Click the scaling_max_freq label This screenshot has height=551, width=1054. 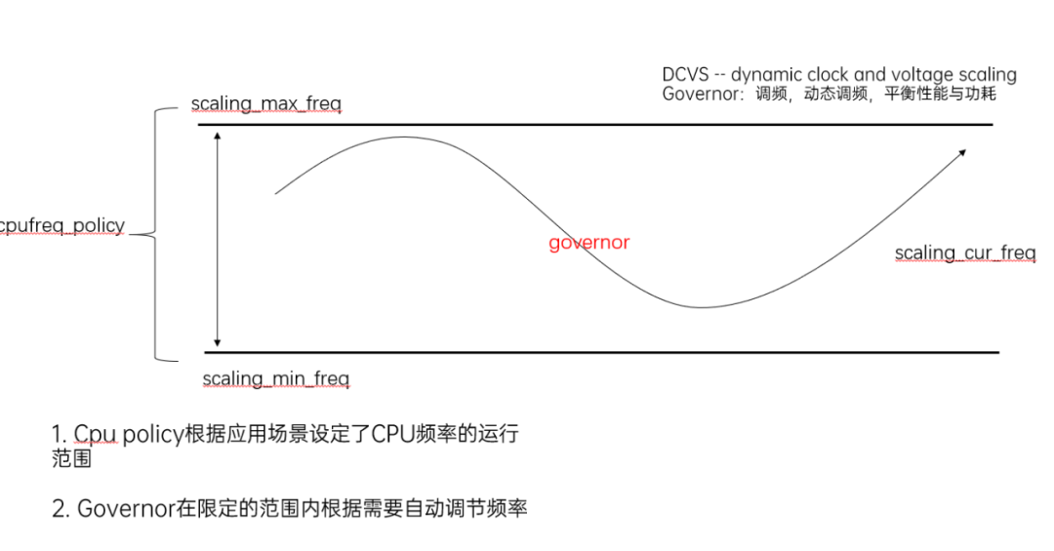tap(266, 103)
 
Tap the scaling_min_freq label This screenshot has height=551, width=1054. tap(275, 378)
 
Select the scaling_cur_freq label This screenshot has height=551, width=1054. tap(964, 254)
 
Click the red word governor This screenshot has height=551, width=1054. tap(588, 243)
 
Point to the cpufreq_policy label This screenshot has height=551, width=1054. tap(62, 225)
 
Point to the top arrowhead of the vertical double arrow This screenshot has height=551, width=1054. tap(218, 135)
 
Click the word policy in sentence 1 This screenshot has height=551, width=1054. tap(152, 435)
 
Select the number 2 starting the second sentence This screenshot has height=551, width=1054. tap(58, 508)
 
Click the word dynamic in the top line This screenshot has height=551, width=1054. tap(767, 75)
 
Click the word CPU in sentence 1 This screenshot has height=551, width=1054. tap(390, 435)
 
